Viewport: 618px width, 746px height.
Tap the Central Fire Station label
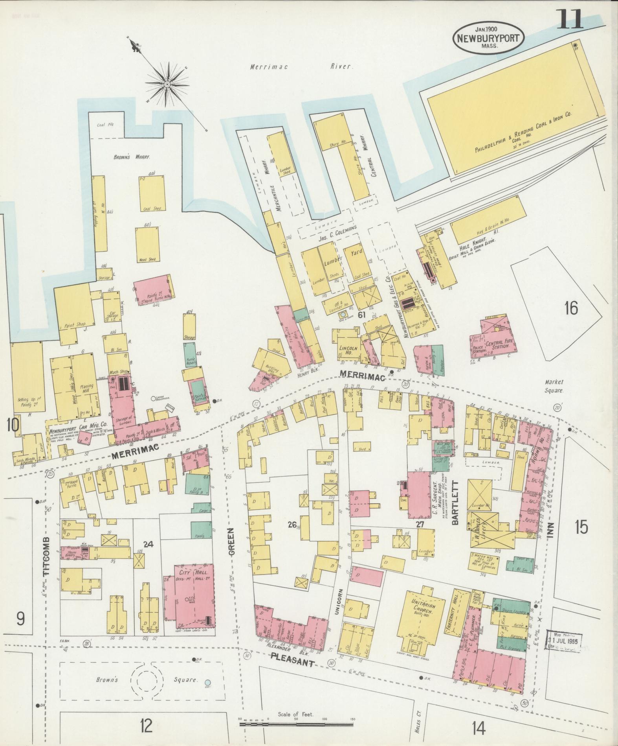click(x=498, y=346)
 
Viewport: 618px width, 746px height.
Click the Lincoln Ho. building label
click(x=348, y=350)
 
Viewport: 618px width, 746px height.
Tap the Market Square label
click(x=554, y=386)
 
